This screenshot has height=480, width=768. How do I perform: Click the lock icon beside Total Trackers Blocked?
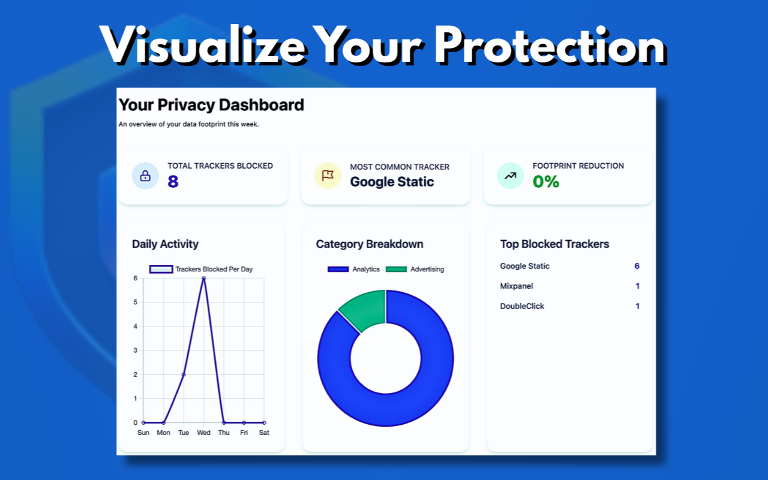point(145,176)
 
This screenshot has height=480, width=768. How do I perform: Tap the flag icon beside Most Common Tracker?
point(328,176)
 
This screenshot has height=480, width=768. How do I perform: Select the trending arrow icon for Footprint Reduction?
point(510,176)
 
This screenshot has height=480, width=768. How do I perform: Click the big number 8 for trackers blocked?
point(173,181)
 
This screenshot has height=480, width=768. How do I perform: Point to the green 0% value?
point(546,181)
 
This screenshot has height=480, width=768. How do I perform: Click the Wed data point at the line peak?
point(204,278)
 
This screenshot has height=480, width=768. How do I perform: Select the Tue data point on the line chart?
point(184,374)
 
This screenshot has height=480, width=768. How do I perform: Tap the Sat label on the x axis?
point(264,433)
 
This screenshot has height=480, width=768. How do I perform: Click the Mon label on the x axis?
point(163,433)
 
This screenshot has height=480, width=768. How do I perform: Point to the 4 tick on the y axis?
point(136,326)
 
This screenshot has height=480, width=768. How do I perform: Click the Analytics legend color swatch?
point(338,269)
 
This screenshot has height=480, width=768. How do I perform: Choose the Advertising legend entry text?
point(427,269)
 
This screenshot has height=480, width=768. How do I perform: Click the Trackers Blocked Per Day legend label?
point(214,269)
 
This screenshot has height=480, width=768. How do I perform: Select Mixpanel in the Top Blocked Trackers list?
point(517,286)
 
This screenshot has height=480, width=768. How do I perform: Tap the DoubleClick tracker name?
point(522,306)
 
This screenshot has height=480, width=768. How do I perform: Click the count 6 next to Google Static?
point(637,266)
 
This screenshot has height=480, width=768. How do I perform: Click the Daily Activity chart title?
point(165,244)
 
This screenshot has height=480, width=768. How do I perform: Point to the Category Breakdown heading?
point(370,244)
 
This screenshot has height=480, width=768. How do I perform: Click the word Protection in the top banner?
point(550,46)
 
